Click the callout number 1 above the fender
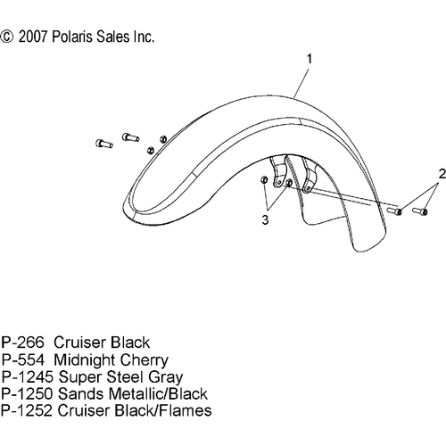310,59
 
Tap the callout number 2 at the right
442,174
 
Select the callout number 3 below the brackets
265,220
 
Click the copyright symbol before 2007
7,37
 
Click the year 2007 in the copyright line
33,37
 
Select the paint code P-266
22,343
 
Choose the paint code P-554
23,359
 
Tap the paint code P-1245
28,376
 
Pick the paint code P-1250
27,393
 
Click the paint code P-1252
27,410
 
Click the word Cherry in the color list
145,360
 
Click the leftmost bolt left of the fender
104,144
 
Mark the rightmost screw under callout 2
420,211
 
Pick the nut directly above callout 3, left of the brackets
264,180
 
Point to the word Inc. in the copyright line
144,37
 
